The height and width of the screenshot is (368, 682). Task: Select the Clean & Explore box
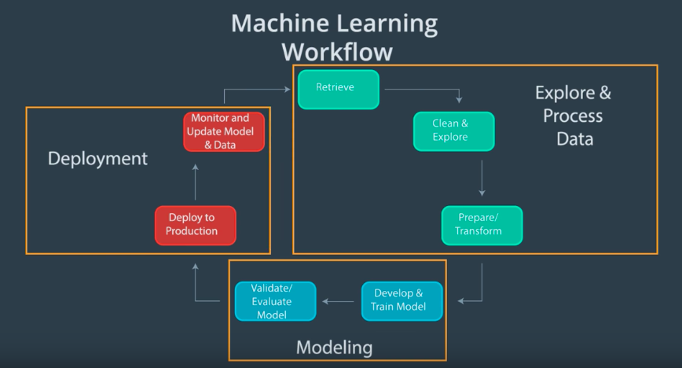coord(453,131)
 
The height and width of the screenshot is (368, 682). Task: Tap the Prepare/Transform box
coord(481,225)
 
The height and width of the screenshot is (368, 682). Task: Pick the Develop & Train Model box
coord(401,300)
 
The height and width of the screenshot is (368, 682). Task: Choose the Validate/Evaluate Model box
coord(275,301)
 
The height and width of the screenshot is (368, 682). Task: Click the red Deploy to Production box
coord(195,225)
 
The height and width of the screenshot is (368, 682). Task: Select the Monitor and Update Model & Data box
coord(223,131)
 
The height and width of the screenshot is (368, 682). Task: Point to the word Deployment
coord(97,159)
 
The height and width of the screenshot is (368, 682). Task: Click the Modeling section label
coord(334,347)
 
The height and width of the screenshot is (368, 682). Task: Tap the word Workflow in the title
coord(336,52)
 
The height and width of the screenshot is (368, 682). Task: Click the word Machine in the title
coord(274,23)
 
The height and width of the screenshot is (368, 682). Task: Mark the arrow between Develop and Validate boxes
coord(339,301)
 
